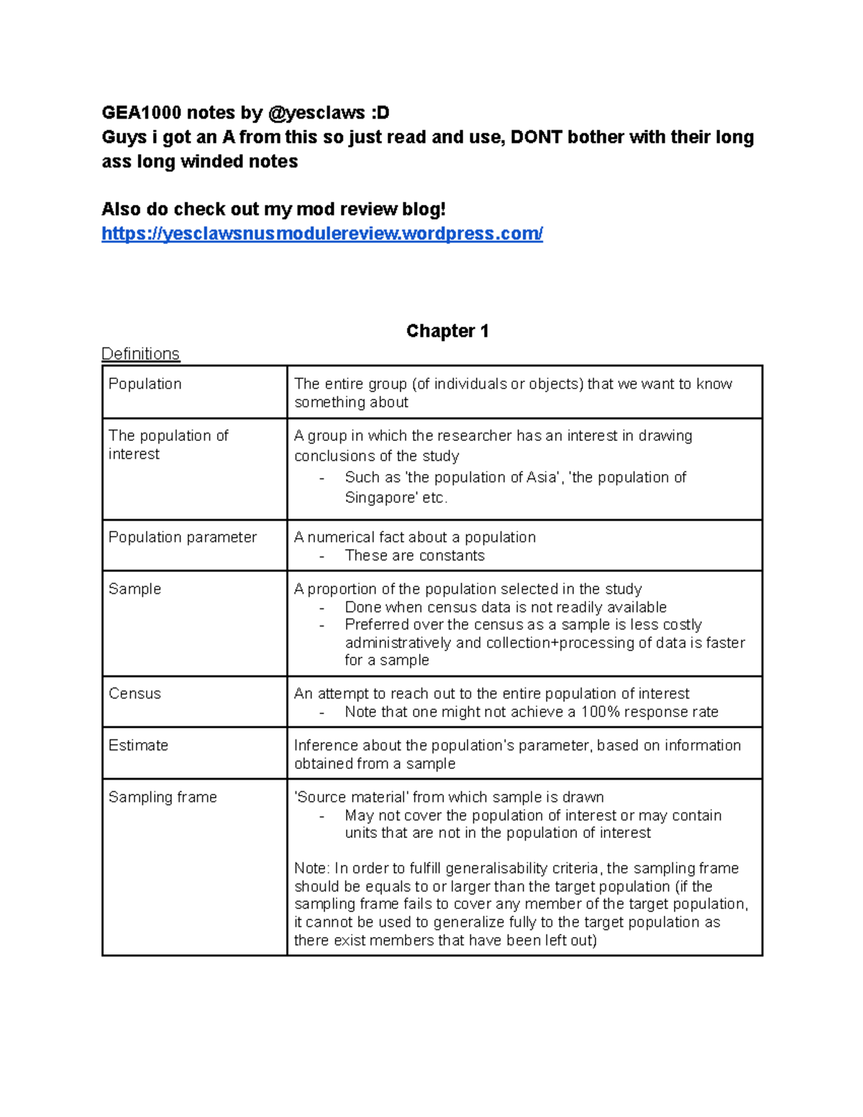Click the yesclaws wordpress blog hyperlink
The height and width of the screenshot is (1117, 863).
(x=322, y=234)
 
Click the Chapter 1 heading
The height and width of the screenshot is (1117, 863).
(x=447, y=331)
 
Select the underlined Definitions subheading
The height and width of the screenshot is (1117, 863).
(x=140, y=354)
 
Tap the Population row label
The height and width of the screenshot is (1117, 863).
(x=145, y=384)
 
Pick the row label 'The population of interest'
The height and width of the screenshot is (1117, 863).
(x=168, y=444)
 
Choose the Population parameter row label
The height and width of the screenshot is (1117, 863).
(x=182, y=537)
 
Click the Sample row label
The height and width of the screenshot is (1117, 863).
(x=134, y=589)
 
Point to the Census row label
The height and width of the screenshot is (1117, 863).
(x=134, y=694)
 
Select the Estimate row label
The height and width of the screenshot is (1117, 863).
(x=138, y=746)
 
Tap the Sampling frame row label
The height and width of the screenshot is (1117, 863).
(x=163, y=798)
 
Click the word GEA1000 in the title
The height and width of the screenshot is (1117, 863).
(x=141, y=113)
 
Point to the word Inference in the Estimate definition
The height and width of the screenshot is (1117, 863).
(x=326, y=746)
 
